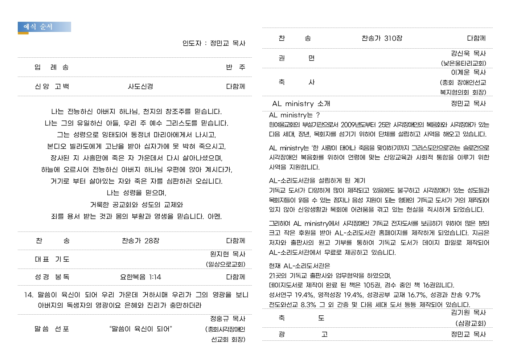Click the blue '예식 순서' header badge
pos(44,27)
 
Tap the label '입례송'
pos(52,67)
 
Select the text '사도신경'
pos(140,86)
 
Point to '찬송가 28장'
pos(140,241)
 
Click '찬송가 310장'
pos(382,38)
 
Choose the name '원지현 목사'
pos(227,254)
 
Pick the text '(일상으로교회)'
pos(225,264)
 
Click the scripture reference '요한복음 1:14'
pos(140,277)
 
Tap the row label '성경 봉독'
pos(52,277)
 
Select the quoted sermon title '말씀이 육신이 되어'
pos(140,329)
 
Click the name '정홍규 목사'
pos(227,319)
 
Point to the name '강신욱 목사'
pos(468,53)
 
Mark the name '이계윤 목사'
pos(468,72)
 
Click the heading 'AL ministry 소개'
pos(301,104)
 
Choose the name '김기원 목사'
pos(468,312)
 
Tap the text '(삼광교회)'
pos(471,323)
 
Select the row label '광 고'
pos(303,334)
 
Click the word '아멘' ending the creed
pos(214,216)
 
